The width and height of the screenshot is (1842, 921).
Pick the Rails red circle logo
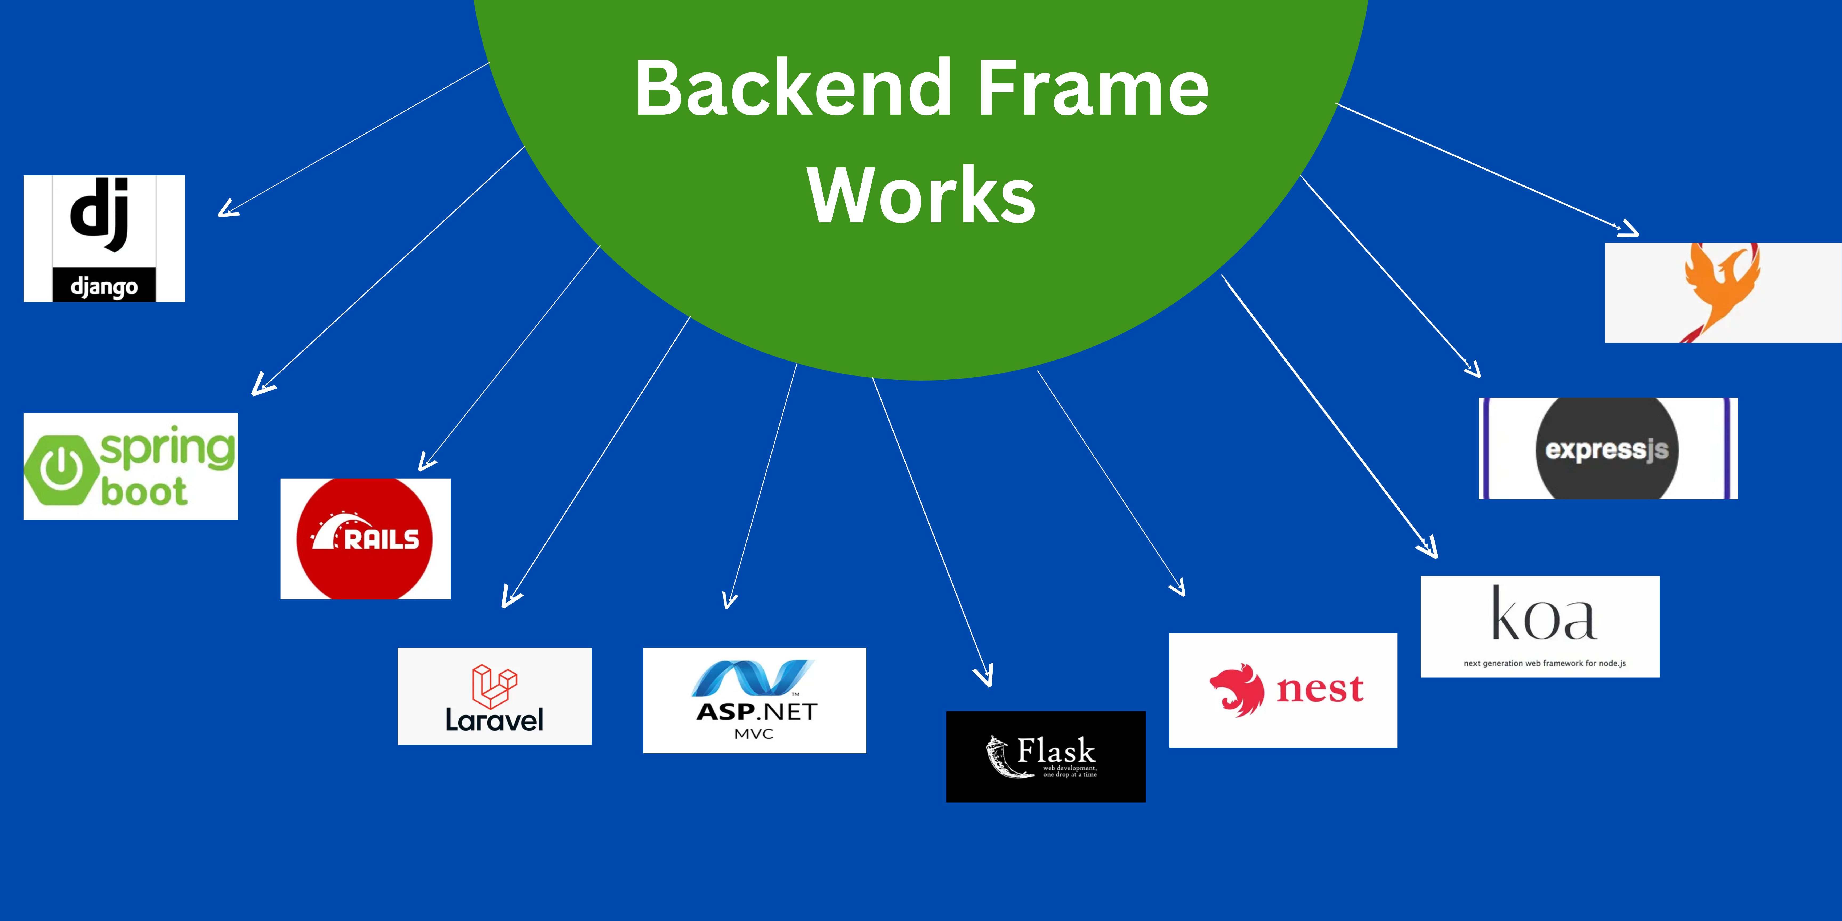tap(365, 538)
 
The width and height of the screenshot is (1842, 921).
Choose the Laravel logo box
tap(494, 696)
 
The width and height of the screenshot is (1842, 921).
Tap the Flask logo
tap(1045, 757)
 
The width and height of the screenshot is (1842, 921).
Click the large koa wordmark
tap(1543, 615)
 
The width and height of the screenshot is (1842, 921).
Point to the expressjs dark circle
tap(1607, 448)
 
